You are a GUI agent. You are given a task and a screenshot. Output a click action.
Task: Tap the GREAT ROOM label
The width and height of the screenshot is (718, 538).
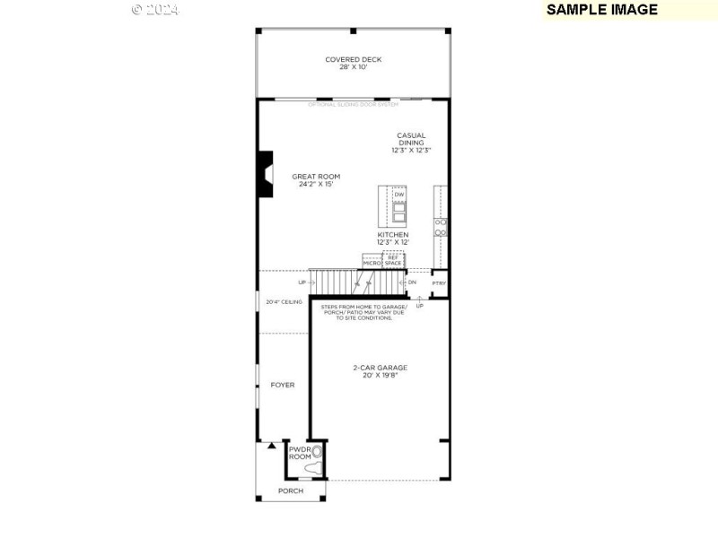[316, 177]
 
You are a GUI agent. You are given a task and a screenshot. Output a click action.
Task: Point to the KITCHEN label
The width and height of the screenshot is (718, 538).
[392, 235]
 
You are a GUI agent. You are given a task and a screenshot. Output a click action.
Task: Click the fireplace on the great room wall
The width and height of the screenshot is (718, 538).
[265, 174]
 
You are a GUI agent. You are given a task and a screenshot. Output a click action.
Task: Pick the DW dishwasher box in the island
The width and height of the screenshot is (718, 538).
[398, 195]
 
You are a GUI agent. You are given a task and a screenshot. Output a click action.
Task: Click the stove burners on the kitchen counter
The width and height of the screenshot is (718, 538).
[441, 227]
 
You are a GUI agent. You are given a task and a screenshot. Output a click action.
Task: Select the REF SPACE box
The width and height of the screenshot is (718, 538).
[393, 260]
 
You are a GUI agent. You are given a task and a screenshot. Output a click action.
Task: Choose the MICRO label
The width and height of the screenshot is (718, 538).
[372, 263]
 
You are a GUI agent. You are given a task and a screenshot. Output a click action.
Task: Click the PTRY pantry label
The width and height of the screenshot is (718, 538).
[439, 283]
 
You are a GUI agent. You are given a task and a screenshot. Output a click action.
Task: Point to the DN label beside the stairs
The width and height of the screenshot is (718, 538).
[412, 282]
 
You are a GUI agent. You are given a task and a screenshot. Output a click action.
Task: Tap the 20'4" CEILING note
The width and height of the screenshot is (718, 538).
[284, 302]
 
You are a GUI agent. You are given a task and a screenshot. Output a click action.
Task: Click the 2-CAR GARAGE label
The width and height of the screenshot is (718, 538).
[379, 367]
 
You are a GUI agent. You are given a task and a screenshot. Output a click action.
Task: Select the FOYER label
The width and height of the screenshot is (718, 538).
[283, 385]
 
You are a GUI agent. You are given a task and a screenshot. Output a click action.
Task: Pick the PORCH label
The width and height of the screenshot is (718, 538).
[290, 491]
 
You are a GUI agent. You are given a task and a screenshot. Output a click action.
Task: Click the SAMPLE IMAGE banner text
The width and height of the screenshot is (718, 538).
[601, 10]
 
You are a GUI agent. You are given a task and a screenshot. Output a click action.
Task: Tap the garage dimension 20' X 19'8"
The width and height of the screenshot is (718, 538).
[379, 376]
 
